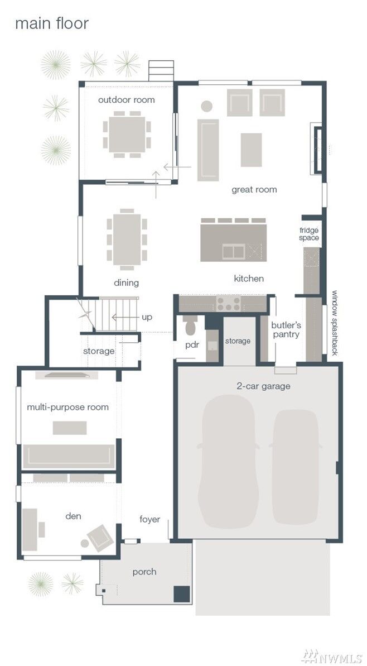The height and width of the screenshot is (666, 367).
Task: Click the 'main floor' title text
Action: coord(51,24)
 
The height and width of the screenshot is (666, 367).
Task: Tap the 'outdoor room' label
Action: coord(127,100)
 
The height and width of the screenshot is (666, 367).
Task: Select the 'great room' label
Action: coord(254,190)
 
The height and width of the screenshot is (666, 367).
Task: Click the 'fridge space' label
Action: coord(309,234)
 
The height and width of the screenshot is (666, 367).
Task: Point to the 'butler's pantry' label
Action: coord(286,329)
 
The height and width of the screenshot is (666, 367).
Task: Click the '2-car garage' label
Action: coord(263,386)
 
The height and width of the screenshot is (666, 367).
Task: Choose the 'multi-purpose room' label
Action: coord(67,407)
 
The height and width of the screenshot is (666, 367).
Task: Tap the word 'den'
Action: coord(73,516)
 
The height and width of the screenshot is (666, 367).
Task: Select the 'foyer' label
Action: coord(149,520)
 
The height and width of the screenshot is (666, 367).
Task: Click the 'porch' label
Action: coord(144,572)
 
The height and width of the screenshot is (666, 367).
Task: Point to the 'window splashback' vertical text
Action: coord(335,323)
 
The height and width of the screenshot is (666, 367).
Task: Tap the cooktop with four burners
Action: coord(228,303)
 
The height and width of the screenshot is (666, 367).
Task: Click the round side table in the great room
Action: coord(206,106)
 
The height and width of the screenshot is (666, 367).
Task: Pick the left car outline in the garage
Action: coord(228,461)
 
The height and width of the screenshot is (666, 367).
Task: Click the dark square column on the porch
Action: coord(181,594)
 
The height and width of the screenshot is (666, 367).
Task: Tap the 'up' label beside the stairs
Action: coord(147,317)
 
